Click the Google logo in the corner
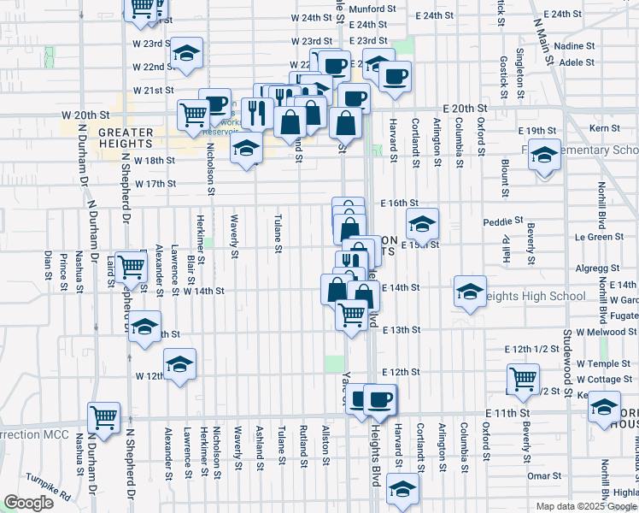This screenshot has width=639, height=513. click(x=28, y=503)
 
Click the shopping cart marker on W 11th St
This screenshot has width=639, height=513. click(x=104, y=419)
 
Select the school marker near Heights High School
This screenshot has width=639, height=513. click(x=470, y=292)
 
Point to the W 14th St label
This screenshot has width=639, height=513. click(x=203, y=291)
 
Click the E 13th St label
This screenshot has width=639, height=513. click(x=402, y=329)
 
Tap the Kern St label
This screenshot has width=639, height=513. click(x=604, y=127)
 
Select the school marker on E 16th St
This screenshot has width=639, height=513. click(x=422, y=224)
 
